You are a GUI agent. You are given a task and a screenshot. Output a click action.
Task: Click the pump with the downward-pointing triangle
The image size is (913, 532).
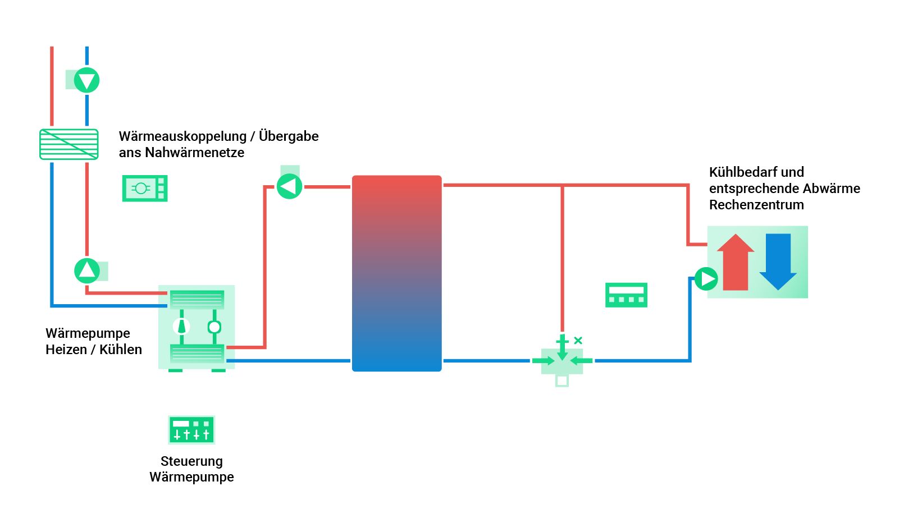pyautogui.click(x=86, y=80)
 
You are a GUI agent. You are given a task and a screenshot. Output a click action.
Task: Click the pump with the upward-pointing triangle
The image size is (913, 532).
pyautogui.click(x=87, y=270)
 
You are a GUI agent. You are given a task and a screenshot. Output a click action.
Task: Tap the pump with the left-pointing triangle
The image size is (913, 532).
pyautogui.click(x=289, y=186)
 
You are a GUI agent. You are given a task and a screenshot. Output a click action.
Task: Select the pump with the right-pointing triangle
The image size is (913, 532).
pyautogui.click(x=706, y=278)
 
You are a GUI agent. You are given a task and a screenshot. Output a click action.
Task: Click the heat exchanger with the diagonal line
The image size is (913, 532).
pyautogui.click(x=69, y=144)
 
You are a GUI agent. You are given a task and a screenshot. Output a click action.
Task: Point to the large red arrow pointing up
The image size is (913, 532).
pyautogui.click(x=736, y=262)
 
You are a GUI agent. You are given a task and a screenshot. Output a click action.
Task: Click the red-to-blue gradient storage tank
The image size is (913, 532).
pyautogui.click(x=396, y=273)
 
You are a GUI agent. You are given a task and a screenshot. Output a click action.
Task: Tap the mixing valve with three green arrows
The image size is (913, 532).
pyautogui.click(x=562, y=360)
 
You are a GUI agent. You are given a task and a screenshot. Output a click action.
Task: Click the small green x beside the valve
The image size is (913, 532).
pyautogui.click(x=578, y=340)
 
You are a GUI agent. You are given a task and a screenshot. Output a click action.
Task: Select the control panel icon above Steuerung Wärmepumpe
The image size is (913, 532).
pyautogui.click(x=191, y=430)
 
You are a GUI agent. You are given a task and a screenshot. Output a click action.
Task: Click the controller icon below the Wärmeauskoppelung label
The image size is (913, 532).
pyautogui.click(x=145, y=188)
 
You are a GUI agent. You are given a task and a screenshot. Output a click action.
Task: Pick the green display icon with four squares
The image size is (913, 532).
pyautogui.click(x=626, y=295)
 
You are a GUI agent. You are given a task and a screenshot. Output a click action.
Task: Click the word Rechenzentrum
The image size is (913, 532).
pyautogui.click(x=756, y=205)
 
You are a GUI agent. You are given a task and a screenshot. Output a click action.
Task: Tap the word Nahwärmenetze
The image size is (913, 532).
pyautogui.click(x=194, y=153)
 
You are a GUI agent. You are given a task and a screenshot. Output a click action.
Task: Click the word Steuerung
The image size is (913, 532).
pyautogui.click(x=191, y=461)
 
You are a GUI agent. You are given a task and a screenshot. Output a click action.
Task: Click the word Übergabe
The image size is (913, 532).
pyautogui.click(x=289, y=136)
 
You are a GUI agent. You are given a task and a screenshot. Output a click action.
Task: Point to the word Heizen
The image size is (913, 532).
pyautogui.click(x=66, y=350)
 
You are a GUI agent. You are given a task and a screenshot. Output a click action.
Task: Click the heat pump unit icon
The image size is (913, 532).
pyautogui.click(x=197, y=327)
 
